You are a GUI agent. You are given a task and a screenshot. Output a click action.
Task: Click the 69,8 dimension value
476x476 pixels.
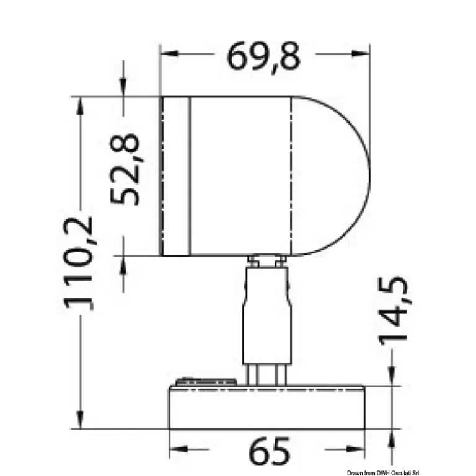[x=263, y=58]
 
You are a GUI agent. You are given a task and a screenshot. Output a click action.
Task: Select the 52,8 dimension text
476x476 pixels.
[x=125, y=169]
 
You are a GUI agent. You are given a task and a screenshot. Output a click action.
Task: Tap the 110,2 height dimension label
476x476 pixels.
[x=78, y=263]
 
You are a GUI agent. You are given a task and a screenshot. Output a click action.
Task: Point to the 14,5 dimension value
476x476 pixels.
[x=393, y=311]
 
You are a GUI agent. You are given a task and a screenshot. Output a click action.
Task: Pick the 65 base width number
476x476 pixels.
[x=269, y=451]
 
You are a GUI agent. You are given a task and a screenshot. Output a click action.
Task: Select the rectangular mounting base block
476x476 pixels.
[x=267, y=407]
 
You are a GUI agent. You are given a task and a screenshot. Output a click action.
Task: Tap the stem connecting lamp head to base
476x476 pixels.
[x=267, y=320]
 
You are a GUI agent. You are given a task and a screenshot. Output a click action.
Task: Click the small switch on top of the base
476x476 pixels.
[x=206, y=382]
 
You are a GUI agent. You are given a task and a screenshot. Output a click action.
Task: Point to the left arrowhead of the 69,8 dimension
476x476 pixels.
[x=169, y=54]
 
